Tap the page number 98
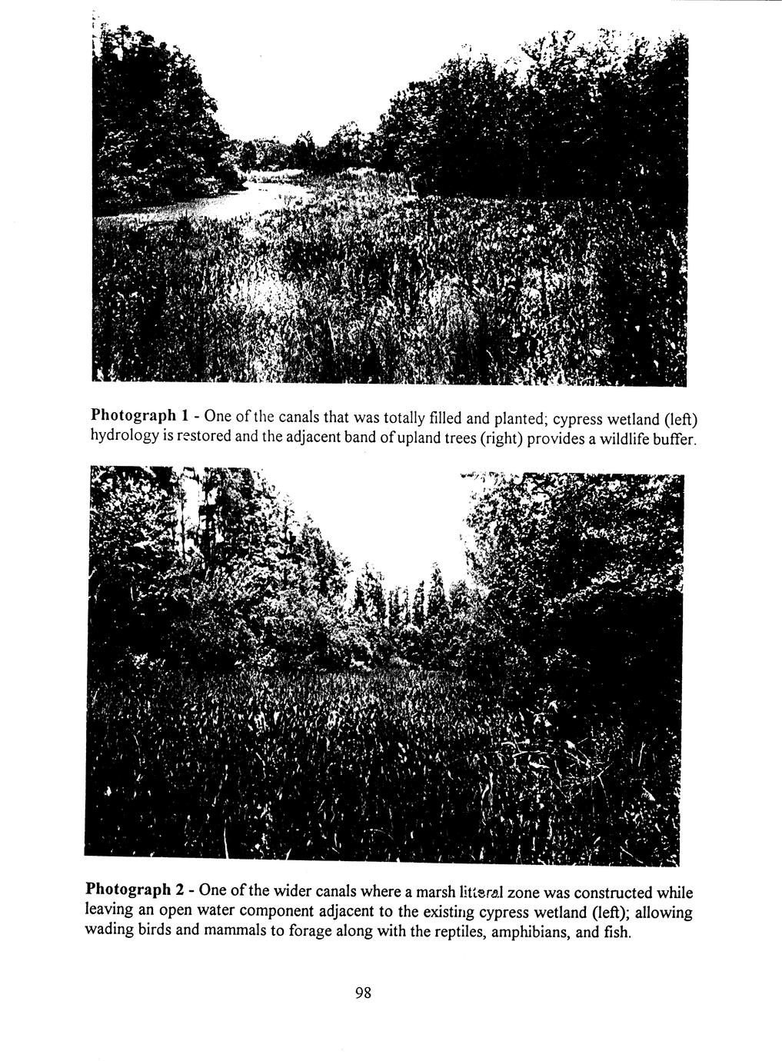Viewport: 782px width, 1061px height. point(363,993)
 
